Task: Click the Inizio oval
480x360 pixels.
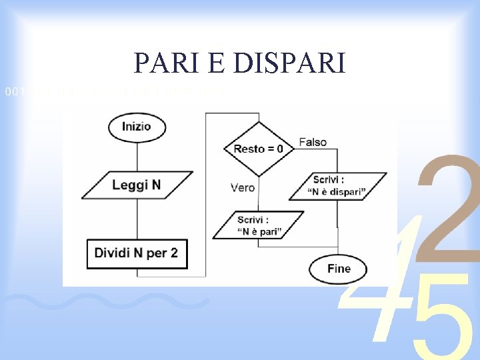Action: pyautogui.click(x=137, y=127)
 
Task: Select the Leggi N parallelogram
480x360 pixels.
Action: pyautogui.click(x=137, y=185)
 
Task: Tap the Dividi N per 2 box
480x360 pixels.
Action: pyautogui.click(x=137, y=253)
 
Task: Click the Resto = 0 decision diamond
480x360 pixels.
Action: pyautogui.click(x=258, y=149)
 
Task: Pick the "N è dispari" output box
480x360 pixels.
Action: pyautogui.click(x=337, y=186)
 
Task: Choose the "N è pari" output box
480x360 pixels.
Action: pyautogui.click(x=259, y=225)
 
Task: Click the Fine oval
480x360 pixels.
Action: pyautogui.click(x=339, y=269)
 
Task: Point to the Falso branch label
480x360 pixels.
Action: pyautogui.click(x=313, y=142)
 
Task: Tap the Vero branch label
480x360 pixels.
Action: pyautogui.click(x=243, y=188)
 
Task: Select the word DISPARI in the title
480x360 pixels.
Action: pyautogui.click(x=291, y=63)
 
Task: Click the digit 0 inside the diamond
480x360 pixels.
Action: pyautogui.click(x=279, y=149)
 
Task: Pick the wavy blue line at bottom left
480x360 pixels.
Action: pyautogui.click(x=107, y=303)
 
